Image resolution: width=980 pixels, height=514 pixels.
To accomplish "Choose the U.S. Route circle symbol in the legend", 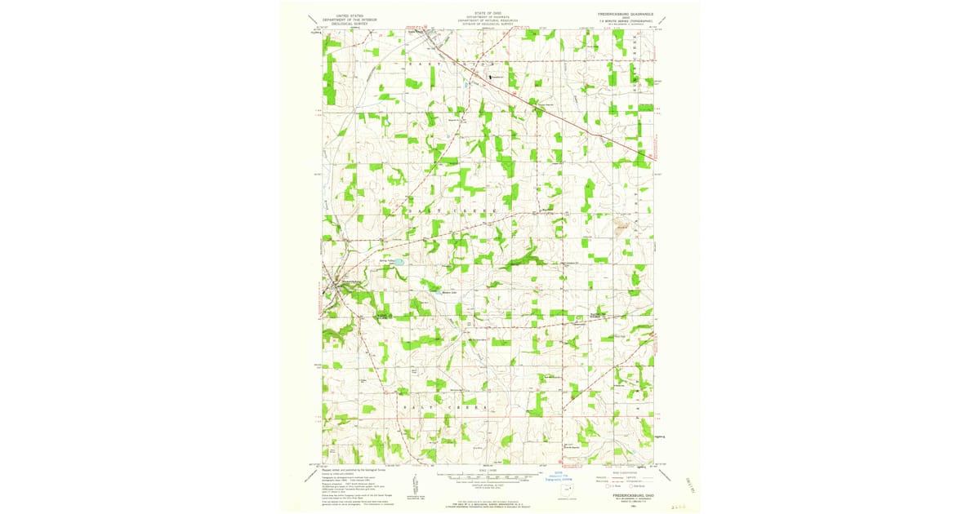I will [607, 486].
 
